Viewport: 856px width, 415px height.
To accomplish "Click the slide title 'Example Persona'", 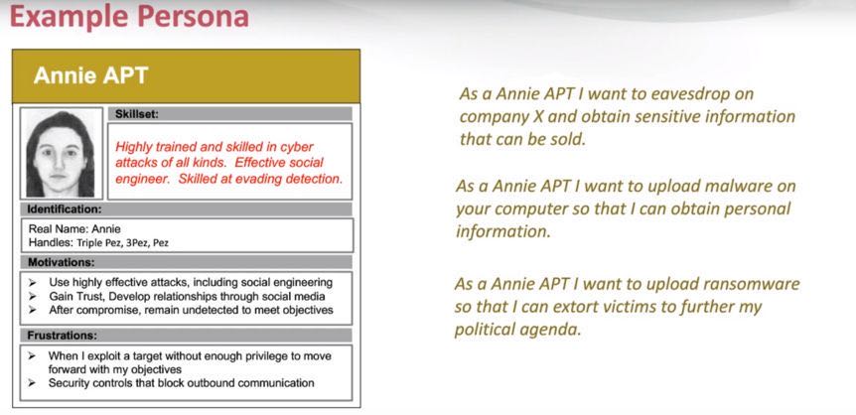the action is [129, 16].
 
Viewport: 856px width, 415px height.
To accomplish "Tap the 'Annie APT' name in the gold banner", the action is [90, 75].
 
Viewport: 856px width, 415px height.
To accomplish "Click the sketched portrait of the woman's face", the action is [61, 154].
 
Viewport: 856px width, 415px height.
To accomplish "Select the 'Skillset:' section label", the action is [136, 114].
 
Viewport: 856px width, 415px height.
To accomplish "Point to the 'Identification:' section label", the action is [65, 208].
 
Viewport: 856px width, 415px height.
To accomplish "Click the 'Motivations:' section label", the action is [62, 262].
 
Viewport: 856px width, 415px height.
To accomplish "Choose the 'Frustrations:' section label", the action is [63, 336].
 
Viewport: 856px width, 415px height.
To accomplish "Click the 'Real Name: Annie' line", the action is [74, 229].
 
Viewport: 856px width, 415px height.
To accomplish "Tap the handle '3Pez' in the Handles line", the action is [136, 243].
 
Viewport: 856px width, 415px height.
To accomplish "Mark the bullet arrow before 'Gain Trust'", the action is [33, 297].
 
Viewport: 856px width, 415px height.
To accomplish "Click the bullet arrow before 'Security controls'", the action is [33, 384].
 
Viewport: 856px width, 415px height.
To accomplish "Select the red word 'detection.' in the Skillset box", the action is [319, 178].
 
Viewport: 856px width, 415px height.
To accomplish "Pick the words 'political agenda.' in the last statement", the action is [518, 331].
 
